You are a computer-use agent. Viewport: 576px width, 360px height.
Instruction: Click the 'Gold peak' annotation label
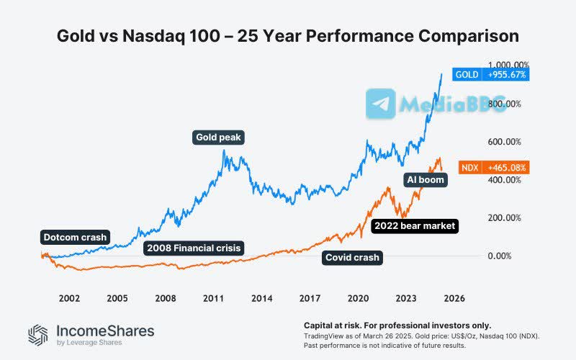pos(219,137)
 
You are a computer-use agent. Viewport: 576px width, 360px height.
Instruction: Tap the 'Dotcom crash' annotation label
pos(74,237)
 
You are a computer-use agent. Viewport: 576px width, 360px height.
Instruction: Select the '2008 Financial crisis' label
pos(194,248)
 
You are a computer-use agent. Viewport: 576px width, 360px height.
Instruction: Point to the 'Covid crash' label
pos(352,257)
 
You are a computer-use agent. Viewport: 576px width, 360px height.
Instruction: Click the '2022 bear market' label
pos(414,226)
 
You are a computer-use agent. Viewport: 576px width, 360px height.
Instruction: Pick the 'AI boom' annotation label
pos(426,180)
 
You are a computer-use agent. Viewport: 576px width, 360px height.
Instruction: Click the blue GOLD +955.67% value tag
pos(491,75)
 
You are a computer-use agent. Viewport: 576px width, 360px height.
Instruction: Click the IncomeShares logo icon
pos(38,334)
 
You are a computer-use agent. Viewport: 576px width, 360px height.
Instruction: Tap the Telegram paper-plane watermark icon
pos(380,104)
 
